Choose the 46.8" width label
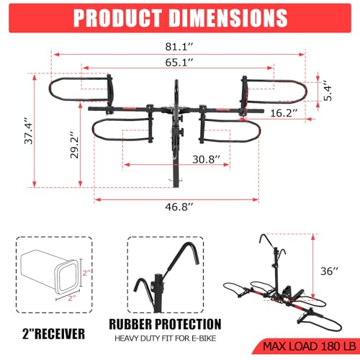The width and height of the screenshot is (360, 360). pyautogui.click(x=179, y=205)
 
